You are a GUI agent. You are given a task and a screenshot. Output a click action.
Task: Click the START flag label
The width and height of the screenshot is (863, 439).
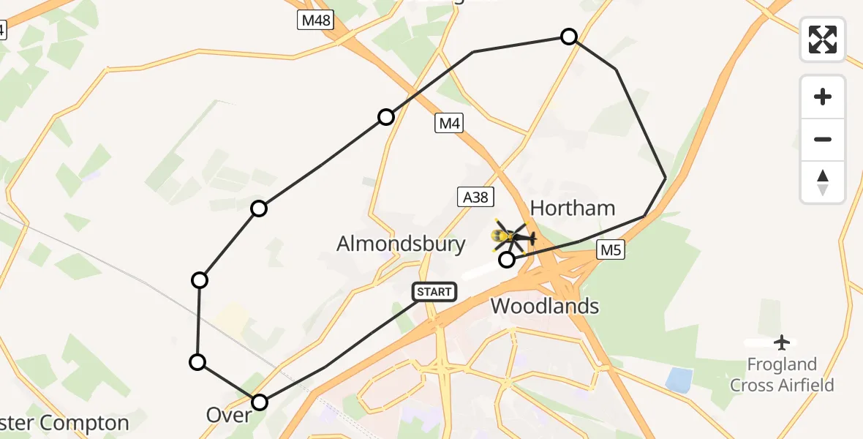[434, 292]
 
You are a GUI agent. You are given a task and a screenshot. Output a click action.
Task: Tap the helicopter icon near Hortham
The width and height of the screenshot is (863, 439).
[515, 236]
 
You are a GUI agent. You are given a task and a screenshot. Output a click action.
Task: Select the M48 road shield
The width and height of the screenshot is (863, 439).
[316, 20]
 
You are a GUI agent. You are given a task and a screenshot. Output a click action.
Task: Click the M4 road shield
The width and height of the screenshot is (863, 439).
[449, 124]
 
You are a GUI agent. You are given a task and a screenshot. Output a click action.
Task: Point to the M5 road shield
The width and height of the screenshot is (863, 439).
[611, 250]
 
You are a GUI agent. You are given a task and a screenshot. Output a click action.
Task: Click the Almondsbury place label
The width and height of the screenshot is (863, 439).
[401, 244]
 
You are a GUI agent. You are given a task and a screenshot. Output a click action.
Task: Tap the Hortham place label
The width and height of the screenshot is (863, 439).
[573, 208]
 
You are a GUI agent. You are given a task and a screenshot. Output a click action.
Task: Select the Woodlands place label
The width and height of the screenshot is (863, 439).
[545, 306]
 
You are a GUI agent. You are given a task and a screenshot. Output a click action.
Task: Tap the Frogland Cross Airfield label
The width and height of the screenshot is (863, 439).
[782, 375]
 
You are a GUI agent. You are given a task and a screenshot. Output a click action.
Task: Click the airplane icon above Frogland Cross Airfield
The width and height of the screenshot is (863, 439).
[783, 342]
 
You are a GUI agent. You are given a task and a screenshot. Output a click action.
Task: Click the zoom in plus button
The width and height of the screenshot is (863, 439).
[823, 97]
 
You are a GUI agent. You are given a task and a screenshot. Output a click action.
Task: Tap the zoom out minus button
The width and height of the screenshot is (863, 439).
[823, 139]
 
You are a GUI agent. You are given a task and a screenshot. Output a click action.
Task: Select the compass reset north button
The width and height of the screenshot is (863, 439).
[823, 182]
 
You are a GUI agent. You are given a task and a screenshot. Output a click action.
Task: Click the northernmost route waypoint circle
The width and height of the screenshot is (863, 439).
[568, 37]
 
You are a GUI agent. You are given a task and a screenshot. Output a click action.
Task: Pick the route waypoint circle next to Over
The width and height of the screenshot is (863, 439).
[260, 402]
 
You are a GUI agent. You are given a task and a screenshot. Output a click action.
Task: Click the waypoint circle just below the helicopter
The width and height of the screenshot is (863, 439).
[506, 260]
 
